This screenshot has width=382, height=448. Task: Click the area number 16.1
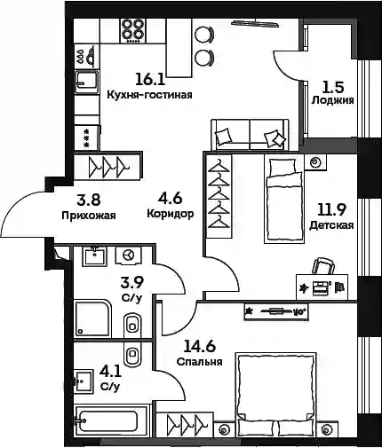(x=150, y=79)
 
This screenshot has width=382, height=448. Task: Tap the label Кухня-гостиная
(x=149, y=95)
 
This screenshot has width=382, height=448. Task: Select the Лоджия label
(x=332, y=100)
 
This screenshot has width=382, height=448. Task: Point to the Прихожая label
(x=89, y=216)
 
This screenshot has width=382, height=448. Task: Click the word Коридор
(x=171, y=214)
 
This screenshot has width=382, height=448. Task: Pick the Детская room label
(x=331, y=225)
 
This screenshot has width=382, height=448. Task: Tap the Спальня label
(x=199, y=362)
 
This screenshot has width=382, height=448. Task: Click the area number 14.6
(x=199, y=346)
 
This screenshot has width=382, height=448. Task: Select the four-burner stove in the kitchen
(x=133, y=31)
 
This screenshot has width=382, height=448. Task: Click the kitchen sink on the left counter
(x=87, y=82)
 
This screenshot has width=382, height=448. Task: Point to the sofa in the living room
(x=250, y=135)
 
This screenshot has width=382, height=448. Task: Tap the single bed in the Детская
(x=284, y=200)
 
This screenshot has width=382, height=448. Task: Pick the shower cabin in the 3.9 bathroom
(x=92, y=318)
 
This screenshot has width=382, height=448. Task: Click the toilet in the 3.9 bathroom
(x=132, y=325)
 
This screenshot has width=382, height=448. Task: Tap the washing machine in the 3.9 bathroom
(x=129, y=255)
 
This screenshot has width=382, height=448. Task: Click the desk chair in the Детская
(x=323, y=265)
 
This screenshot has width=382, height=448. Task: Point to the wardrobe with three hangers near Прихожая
(x=108, y=167)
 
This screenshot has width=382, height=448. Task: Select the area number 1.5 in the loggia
(x=332, y=87)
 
